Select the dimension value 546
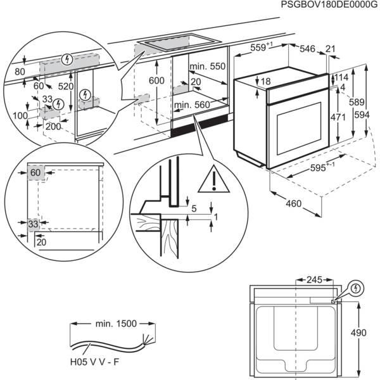click(308, 48)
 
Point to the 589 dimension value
click(358, 103)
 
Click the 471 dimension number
click(338, 117)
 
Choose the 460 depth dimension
click(292, 204)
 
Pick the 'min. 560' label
click(191, 105)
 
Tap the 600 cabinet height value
click(156, 80)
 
